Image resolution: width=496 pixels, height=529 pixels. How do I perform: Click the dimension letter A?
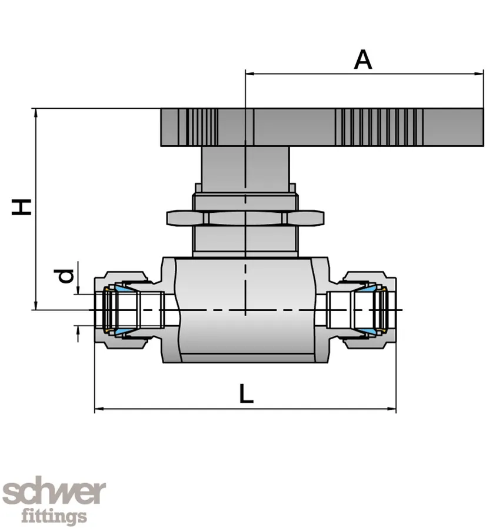[363, 59]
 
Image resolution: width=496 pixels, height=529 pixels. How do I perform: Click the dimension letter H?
[23, 207]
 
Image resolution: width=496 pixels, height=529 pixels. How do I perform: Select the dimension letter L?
[246, 393]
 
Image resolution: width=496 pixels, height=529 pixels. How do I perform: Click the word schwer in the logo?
[54, 493]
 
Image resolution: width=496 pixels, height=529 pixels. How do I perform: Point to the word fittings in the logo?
[54, 517]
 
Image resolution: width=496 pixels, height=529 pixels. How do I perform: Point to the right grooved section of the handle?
[379, 126]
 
